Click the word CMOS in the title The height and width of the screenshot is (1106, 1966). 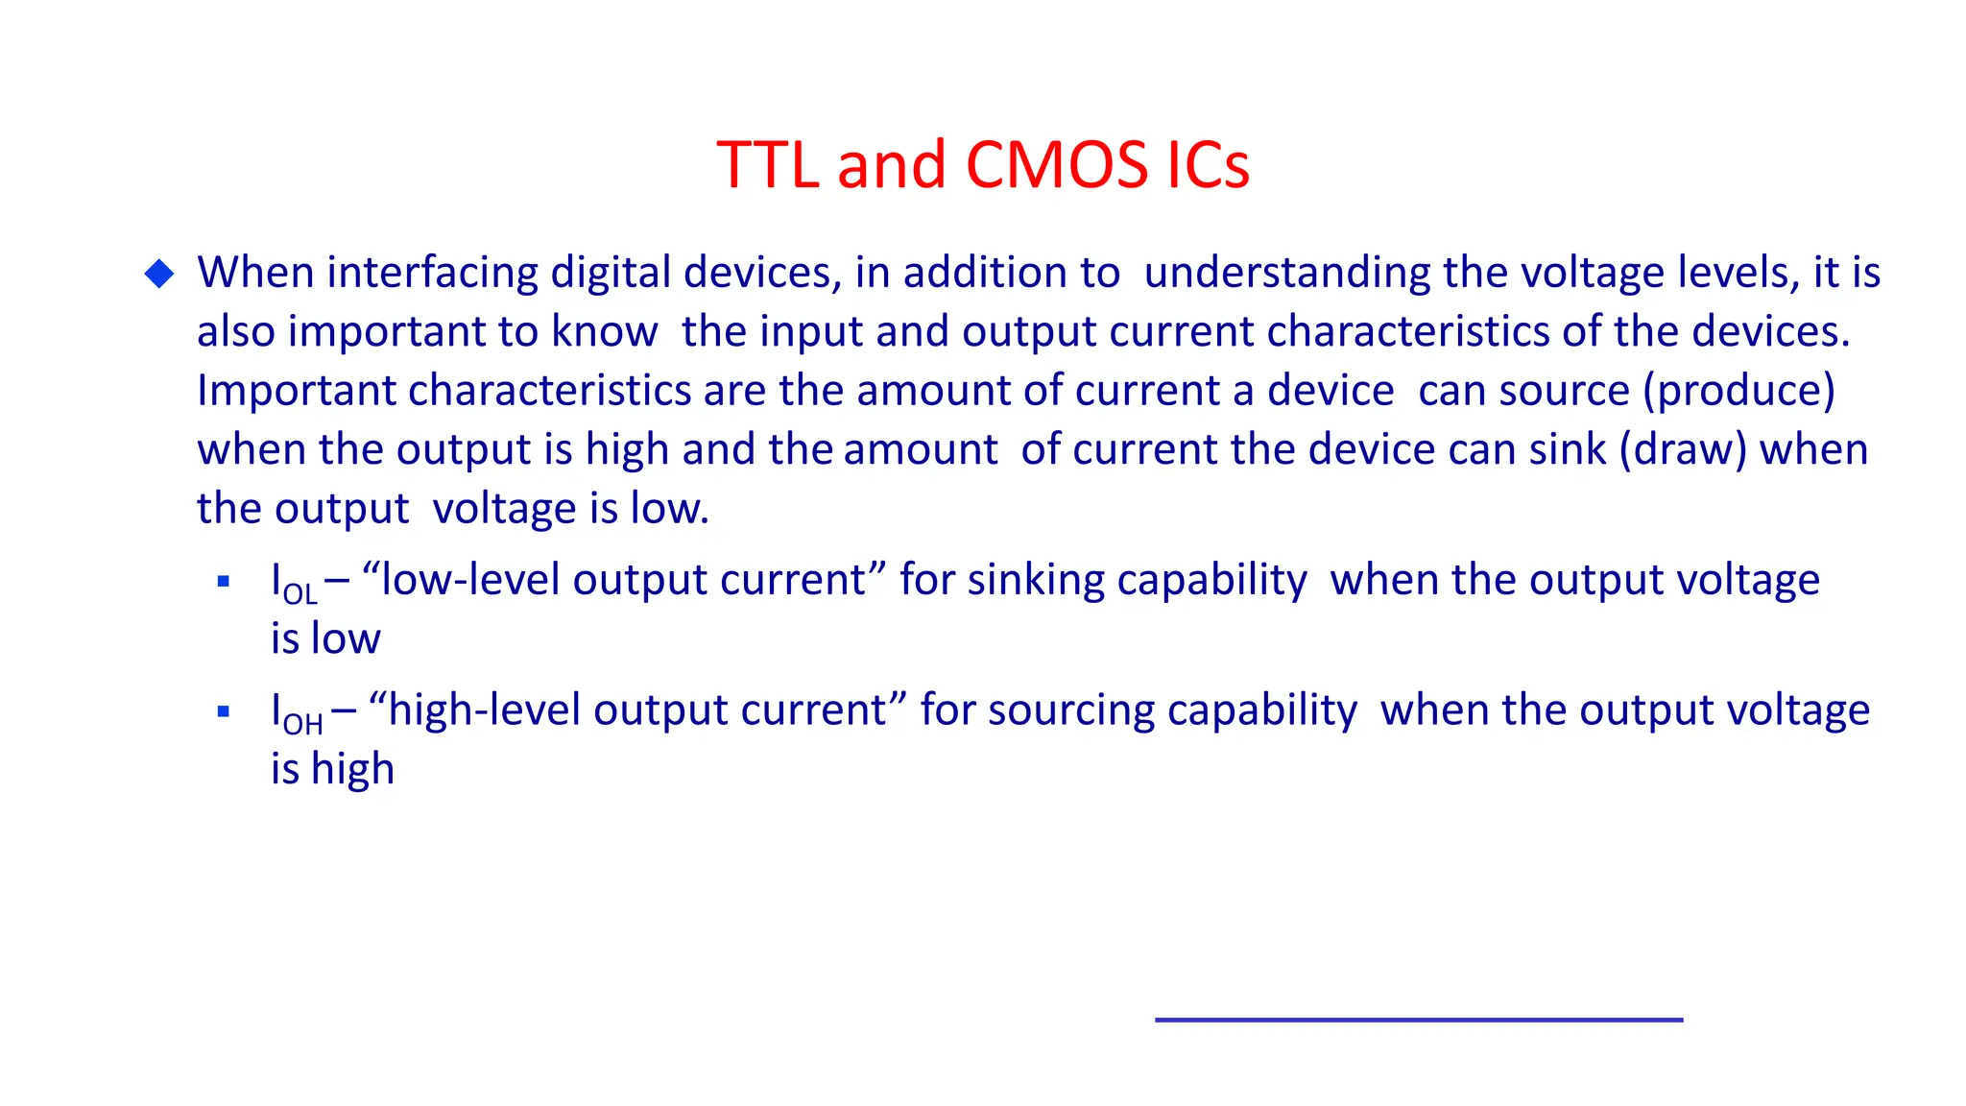coord(1055,164)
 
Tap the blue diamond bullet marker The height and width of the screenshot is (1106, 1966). coord(159,274)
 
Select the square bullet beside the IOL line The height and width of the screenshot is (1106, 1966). coord(224,581)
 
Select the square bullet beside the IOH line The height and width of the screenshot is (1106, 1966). coord(224,711)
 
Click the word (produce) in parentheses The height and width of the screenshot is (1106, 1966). coord(1738,392)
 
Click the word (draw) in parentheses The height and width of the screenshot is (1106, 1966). coord(1683,450)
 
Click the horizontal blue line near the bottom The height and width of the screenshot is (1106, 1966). coord(1418,1020)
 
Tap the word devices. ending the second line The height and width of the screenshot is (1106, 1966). coord(1769,332)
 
